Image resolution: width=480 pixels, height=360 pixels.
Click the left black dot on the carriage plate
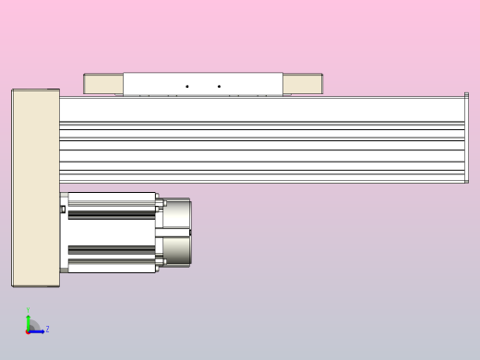187,87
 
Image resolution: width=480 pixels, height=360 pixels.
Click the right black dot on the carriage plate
219,87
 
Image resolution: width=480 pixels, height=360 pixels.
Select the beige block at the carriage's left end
103,84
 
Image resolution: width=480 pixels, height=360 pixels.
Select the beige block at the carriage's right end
302,84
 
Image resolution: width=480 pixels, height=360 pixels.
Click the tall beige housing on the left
35,187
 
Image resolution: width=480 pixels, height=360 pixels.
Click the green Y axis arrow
28,320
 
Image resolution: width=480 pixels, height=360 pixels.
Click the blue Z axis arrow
38,330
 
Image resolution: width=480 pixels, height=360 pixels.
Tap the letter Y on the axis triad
28,311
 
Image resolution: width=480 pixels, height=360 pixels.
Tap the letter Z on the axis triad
47,329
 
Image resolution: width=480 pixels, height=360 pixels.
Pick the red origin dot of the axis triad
28,330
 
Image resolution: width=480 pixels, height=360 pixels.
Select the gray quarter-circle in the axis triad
32,326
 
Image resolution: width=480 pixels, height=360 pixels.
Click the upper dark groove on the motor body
111,214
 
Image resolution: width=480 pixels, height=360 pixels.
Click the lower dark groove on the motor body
111,249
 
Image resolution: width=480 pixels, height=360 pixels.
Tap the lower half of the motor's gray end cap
176,250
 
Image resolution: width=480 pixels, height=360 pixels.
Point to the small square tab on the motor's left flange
63,210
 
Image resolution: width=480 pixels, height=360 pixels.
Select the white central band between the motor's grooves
111,232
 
